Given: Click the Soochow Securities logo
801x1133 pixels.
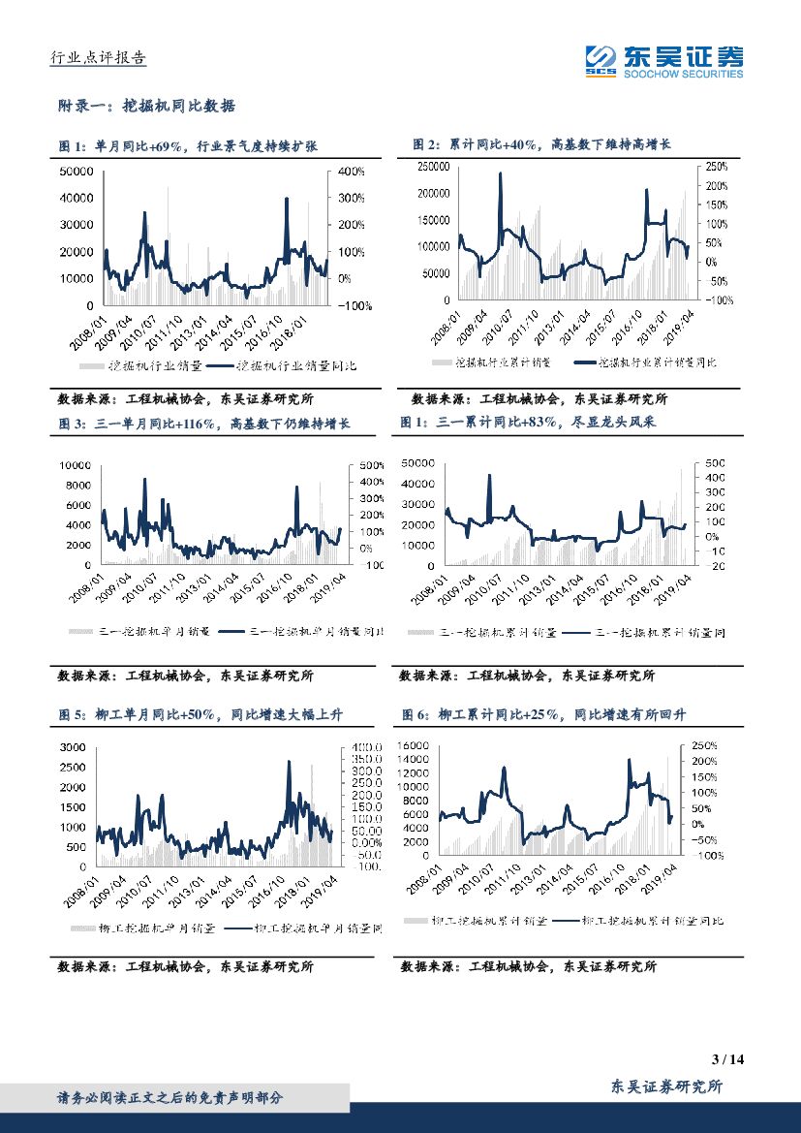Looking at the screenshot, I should point(664,61).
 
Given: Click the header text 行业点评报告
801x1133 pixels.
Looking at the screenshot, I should point(97,58).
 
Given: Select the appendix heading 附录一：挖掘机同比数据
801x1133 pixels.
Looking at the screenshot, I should point(147,106).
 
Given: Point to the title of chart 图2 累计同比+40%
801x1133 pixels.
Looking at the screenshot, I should point(541,144).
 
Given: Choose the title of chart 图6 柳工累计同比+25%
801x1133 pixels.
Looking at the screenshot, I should point(543,714).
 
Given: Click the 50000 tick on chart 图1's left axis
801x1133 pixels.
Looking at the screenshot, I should point(77,172).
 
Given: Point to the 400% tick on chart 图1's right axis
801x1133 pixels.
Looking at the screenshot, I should point(352,172).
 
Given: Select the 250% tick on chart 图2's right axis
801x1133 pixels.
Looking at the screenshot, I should point(716,167).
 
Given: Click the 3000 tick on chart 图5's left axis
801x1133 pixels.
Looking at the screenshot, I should point(77,747).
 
